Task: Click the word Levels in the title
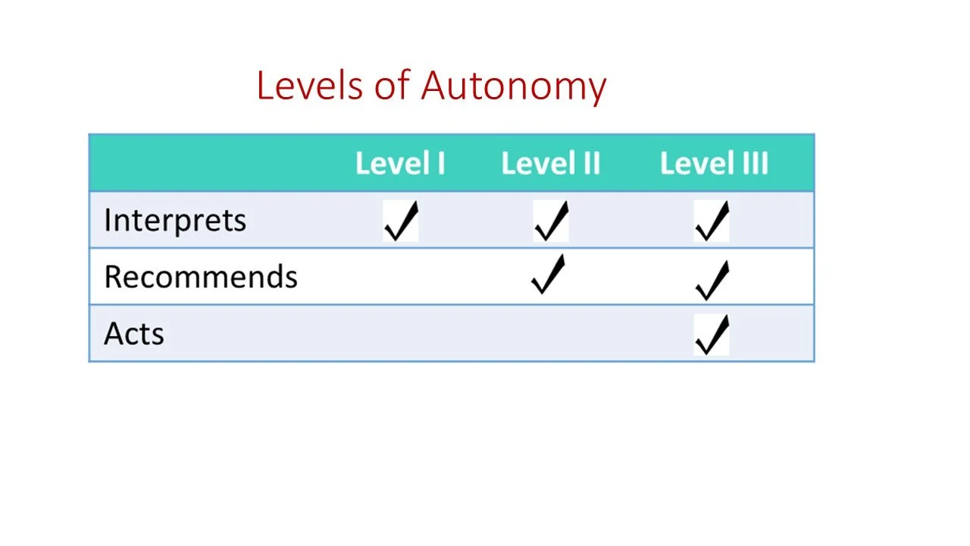pos(309,86)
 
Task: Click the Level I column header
pos(400,164)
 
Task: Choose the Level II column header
pos(551,164)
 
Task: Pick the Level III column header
pos(714,164)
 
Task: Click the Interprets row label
pos(175,221)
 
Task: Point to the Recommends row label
pos(201,277)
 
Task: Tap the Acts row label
pos(134,334)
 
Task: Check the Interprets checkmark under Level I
pos(400,221)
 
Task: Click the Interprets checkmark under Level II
pos(550,221)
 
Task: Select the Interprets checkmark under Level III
pos(712,221)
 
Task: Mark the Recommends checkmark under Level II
pos(549,275)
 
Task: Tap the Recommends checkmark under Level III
pos(712,279)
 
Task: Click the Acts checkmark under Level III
pos(712,335)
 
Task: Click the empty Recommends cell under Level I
pos(400,277)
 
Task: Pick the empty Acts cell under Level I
pos(400,334)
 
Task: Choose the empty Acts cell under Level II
pos(551,334)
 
